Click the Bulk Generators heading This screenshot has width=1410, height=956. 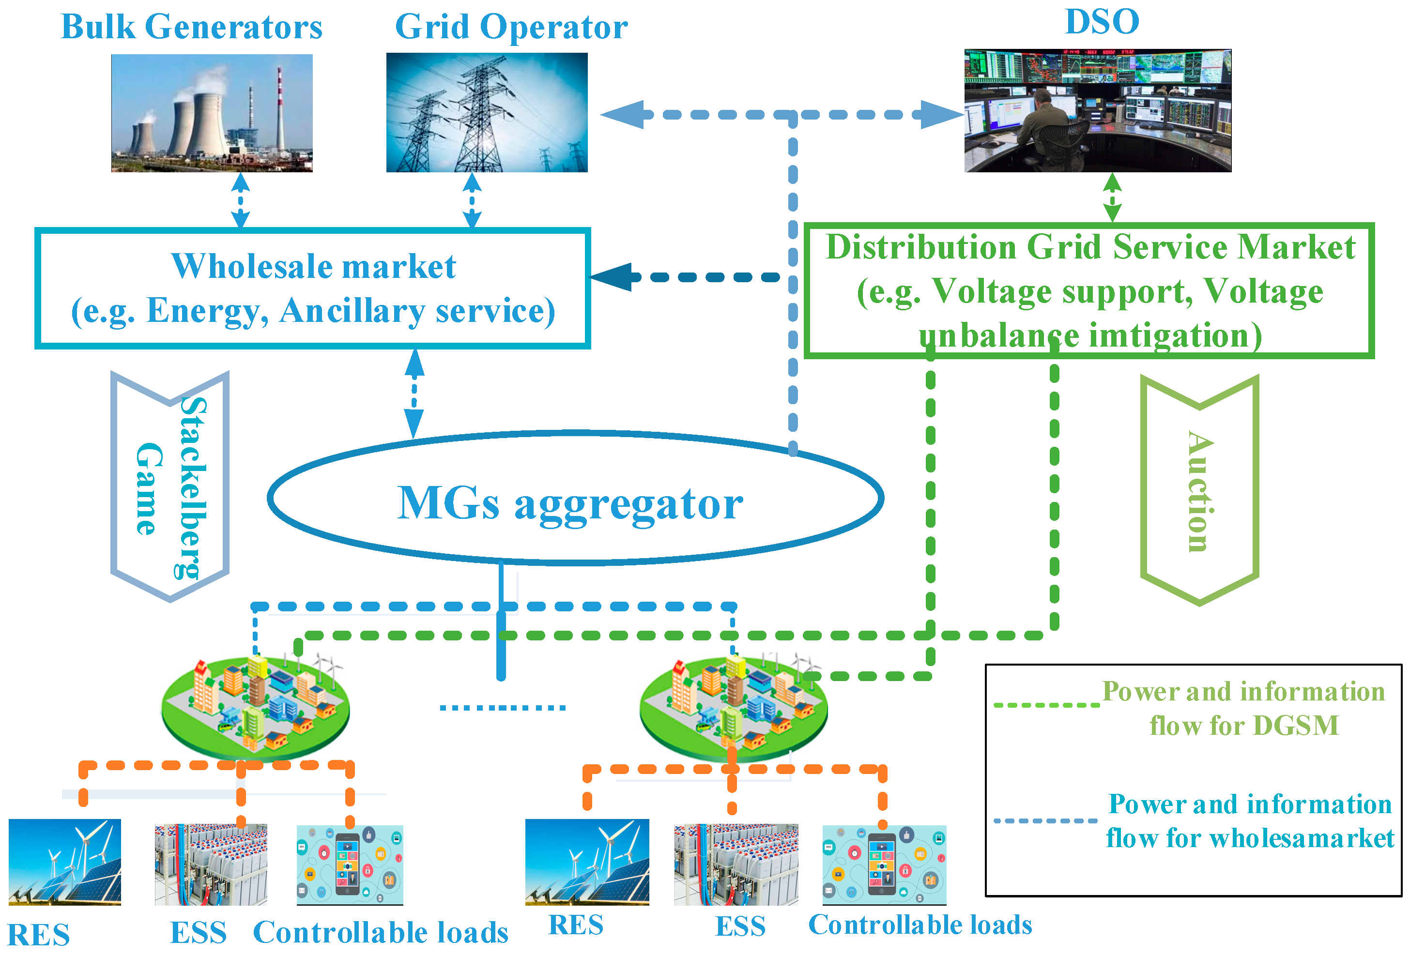(x=192, y=27)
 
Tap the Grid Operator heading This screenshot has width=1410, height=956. (x=511, y=27)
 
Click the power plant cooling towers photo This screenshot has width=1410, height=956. (x=212, y=113)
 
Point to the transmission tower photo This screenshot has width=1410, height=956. (x=487, y=112)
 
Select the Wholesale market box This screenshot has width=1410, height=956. (x=312, y=288)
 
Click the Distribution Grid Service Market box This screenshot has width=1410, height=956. (x=1089, y=290)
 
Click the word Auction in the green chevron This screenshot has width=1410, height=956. (x=1200, y=491)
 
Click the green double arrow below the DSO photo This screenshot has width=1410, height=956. (x=1112, y=197)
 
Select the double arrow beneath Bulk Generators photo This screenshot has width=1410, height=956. (x=241, y=200)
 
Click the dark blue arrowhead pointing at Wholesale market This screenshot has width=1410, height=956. (x=613, y=277)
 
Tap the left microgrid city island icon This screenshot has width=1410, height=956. (x=256, y=707)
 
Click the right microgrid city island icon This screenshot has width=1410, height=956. (x=734, y=707)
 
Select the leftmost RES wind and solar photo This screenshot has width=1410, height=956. (x=65, y=862)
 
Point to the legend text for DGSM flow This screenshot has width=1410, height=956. (x=1244, y=708)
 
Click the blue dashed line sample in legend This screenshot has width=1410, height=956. (x=1045, y=821)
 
